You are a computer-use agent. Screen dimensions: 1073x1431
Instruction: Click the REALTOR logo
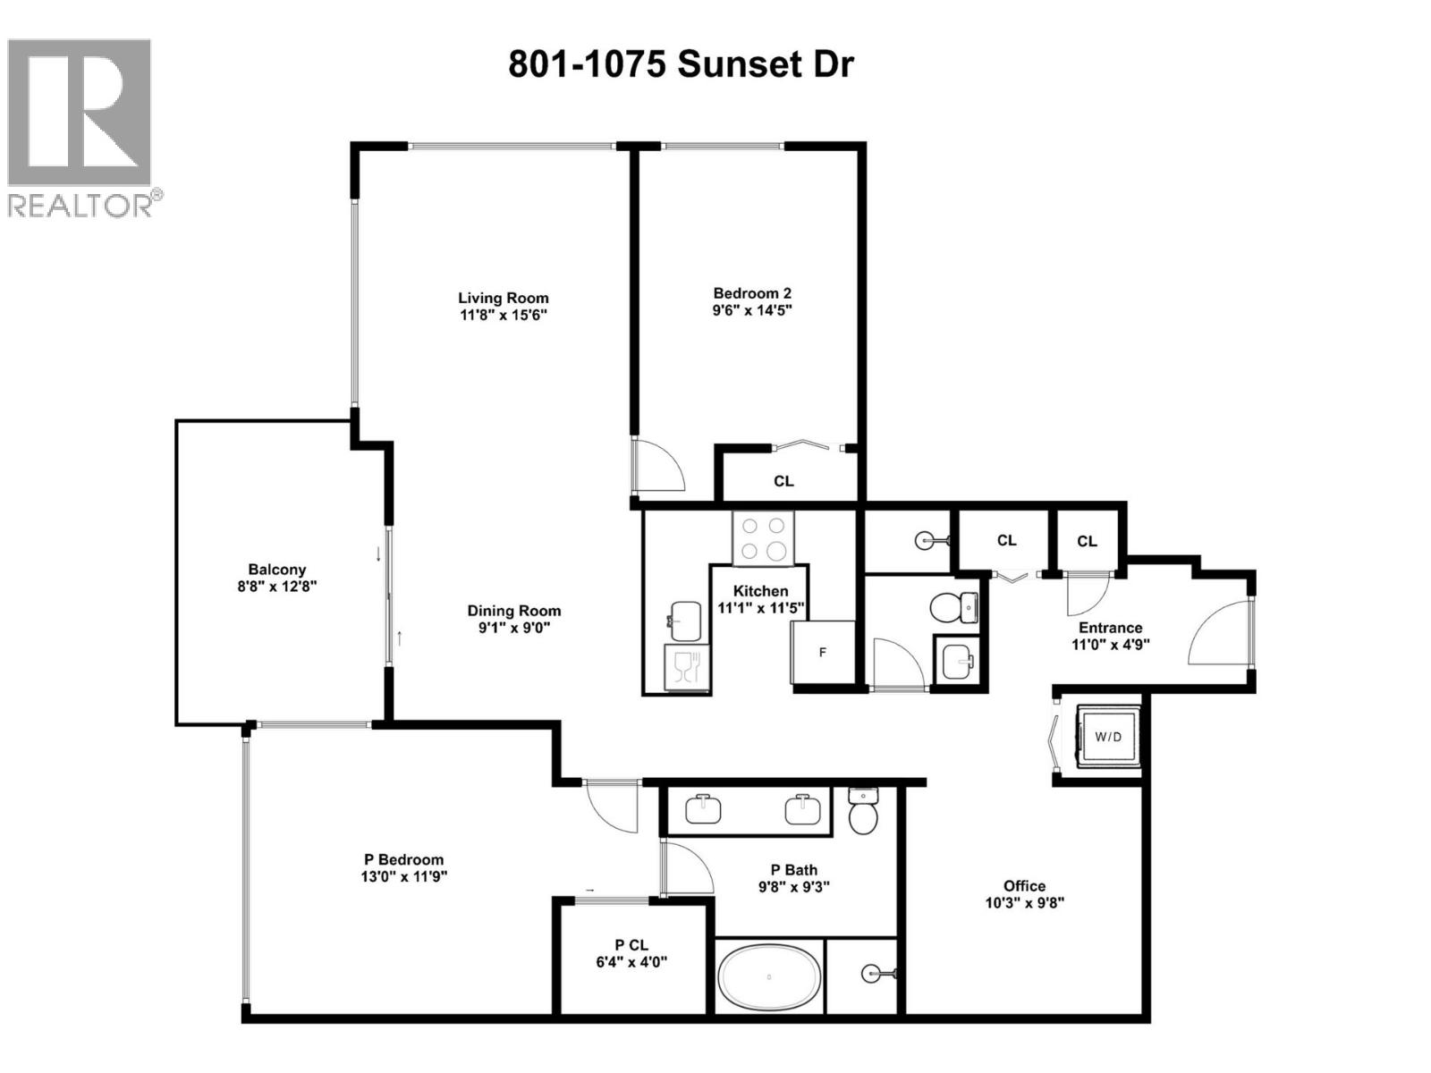tap(80, 127)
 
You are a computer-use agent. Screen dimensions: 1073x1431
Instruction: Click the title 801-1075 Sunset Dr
tap(681, 64)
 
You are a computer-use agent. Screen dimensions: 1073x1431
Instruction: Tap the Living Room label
tap(503, 298)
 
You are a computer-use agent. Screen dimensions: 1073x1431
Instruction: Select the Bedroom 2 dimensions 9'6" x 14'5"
tap(752, 310)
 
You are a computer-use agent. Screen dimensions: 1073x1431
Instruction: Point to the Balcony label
tap(276, 570)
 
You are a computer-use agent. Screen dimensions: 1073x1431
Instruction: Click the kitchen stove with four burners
tap(763, 537)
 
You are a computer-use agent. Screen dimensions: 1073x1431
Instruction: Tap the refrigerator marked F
tap(823, 653)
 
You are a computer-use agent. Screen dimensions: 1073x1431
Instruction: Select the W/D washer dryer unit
tap(1108, 736)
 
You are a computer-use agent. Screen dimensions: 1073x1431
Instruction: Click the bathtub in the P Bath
tap(769, 976)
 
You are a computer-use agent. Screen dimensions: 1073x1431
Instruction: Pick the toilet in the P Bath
tap(863, 810)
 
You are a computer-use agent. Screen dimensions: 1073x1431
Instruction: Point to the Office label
tap(1024, 885)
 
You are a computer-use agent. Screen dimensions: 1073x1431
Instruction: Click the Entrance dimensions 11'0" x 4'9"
tap(1110, 644)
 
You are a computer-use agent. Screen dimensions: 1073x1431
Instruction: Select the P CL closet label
tap(631, 945)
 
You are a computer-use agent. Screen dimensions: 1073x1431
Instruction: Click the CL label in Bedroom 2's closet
tap(783, 481)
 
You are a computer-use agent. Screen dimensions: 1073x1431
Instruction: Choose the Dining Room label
tap(514, 611)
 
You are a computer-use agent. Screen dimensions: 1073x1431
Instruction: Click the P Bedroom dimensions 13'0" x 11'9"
tap(398, 877)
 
